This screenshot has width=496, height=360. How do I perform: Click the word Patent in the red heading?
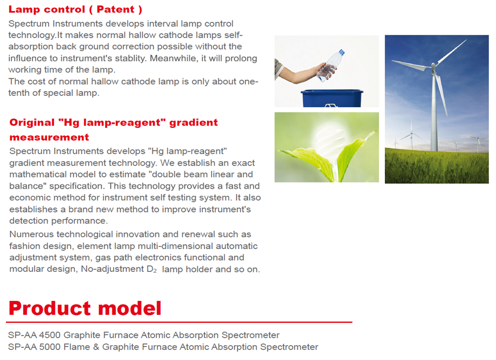116,9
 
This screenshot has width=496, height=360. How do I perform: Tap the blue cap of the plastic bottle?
342,52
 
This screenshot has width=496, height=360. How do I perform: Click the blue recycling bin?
332,98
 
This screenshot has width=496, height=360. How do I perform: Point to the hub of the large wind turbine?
433,66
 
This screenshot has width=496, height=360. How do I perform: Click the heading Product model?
85,308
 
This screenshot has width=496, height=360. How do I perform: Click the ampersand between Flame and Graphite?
96,347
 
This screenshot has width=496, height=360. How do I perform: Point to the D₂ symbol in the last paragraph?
152,270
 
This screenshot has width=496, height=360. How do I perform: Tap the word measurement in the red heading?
49,137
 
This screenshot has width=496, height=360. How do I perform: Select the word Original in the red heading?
32,122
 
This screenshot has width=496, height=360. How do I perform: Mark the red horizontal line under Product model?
179,322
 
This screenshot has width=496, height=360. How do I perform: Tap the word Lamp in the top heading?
20,10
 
